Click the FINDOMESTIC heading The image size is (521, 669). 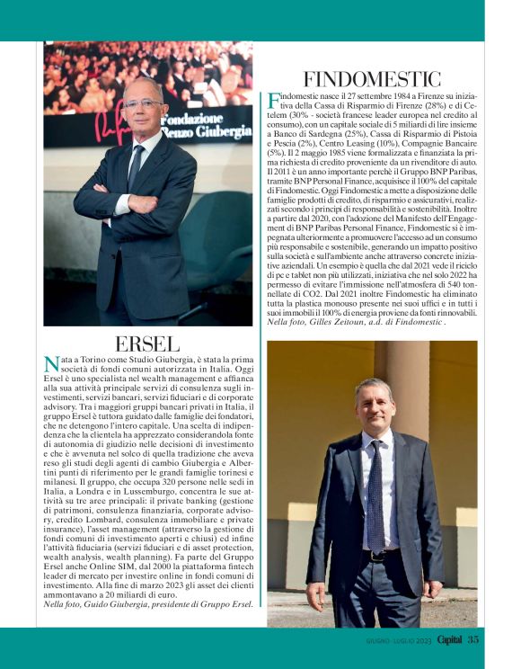375,77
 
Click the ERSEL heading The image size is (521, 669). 148,343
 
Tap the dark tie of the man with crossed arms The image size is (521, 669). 135,169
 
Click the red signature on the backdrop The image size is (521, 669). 112,117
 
